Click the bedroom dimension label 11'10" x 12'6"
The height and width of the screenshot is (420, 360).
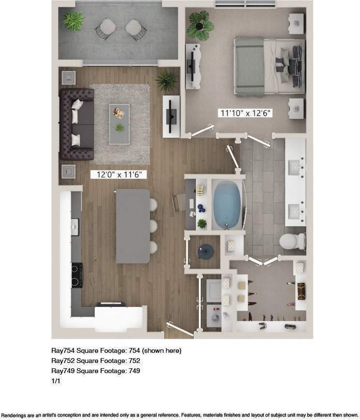tap(246, 113)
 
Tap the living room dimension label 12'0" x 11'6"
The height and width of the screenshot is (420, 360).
tap(119, 174)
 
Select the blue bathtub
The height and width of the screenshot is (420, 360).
tap(228, 205)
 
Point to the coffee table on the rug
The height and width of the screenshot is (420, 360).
tap(119, 123)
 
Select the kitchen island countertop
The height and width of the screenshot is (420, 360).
tap(132, 225)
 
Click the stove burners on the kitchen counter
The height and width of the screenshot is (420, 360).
tap(76, 274)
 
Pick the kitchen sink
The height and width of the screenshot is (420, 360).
tap(75, 225)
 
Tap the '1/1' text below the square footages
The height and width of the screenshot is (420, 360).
tap(56, 381)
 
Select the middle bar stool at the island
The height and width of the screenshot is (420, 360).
tap(153, 226)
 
